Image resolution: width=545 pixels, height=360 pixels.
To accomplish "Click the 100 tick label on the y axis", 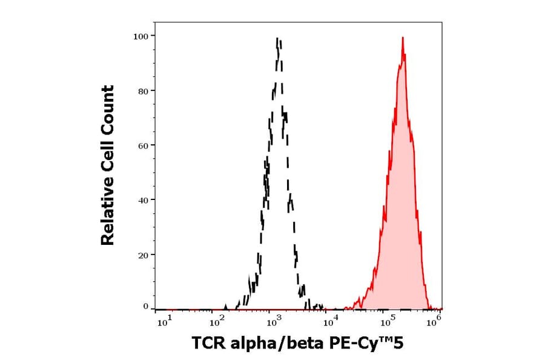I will coord(140,36).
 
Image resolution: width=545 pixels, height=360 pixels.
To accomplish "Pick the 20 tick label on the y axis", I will coord(143,255).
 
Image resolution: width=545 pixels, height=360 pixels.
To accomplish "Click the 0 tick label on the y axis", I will coord(145,307).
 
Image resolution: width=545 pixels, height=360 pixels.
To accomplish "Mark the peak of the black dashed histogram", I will coord(277,38).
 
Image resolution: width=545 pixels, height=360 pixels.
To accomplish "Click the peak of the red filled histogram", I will coord(402,38).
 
